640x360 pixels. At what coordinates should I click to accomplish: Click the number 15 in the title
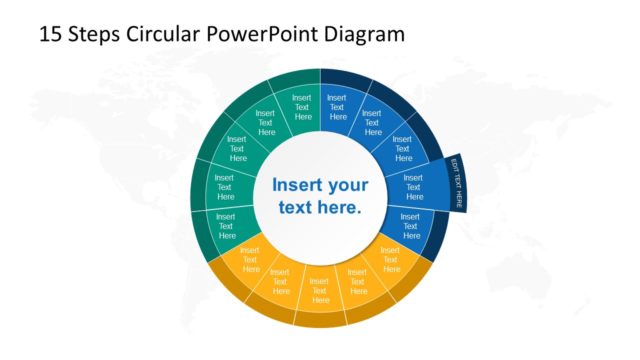pos(50,34)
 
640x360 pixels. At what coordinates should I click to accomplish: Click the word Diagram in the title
pos(364,34)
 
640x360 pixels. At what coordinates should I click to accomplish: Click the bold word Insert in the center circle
pos(297,186)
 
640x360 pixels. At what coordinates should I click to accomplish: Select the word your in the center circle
pos(348,186)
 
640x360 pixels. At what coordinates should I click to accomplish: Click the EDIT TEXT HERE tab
pos(459,184)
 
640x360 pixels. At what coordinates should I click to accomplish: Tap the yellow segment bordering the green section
pos(250,261)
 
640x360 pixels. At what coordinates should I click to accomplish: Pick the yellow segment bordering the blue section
pos(389,260)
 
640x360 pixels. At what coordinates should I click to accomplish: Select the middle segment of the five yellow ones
pos(320,286)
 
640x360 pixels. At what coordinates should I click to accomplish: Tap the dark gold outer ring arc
pos(320,318)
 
